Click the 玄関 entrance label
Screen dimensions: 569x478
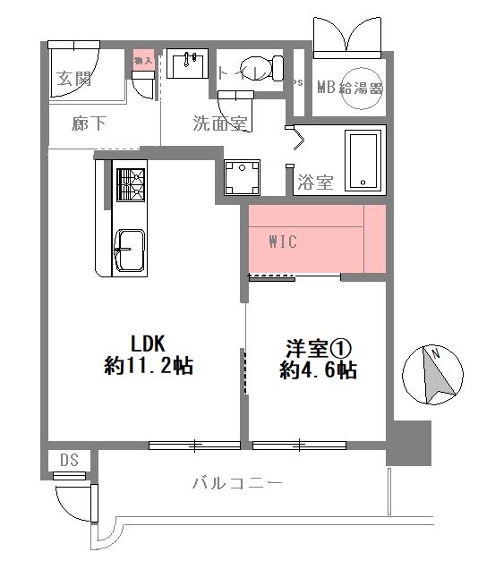coord(74,79)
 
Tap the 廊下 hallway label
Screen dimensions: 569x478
coord(89,124)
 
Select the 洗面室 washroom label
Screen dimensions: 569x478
coord(219,124)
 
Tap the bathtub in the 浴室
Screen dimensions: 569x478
coord(363,161)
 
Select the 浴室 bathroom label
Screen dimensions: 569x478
coord(314,183)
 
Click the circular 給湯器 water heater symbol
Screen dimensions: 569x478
coord(362,87)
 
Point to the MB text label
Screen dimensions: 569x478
coord(324,88)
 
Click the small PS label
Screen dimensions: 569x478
coord(298,83)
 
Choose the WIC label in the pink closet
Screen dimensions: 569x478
coord(282,242)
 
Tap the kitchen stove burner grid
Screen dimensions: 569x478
coord(130,185)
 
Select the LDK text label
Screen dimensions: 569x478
coord(149,342)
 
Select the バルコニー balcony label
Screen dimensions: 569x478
coord(236,484)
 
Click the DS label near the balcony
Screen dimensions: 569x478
coord(69,460)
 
